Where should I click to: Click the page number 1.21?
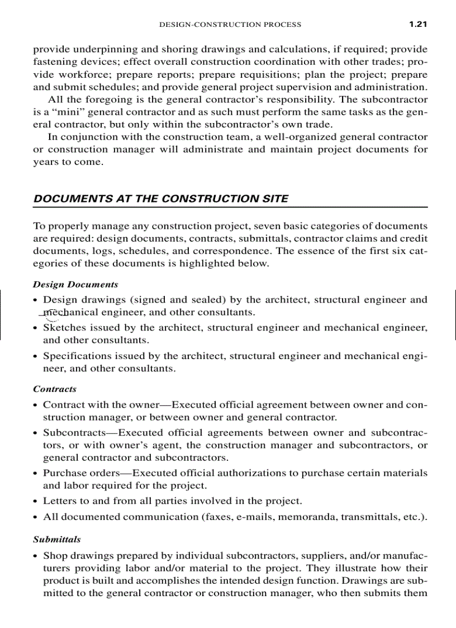click(417, 24)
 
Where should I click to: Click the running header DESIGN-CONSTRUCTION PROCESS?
click(230, 25)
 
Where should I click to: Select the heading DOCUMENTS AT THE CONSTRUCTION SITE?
click(161, 199)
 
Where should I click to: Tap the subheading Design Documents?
click(75, 284)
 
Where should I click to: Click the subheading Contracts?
click(55, 389)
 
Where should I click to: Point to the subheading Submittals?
click(57, 539)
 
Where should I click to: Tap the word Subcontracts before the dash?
click(74, 432)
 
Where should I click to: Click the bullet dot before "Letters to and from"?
click(36, 501)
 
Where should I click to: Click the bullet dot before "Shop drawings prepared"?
click(36, 556)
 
